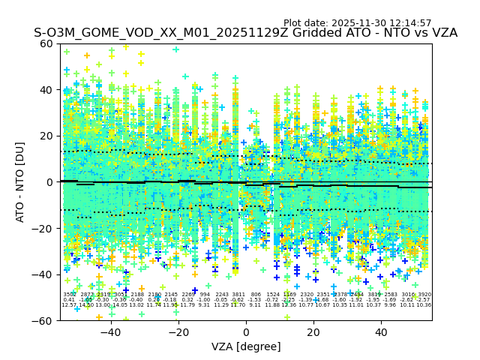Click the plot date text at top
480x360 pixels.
[357, 23]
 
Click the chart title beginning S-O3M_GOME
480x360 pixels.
[245, 34]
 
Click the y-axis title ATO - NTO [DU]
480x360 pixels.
[21, 182]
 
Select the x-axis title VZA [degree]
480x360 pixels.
[246, 346]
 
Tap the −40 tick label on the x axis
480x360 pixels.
[110, 333]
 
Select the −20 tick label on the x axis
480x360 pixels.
[178, 333]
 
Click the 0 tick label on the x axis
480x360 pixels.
[246, 333]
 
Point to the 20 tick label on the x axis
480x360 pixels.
[313, 333]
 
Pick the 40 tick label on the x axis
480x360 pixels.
[381, 333]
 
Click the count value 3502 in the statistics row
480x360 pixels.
[70, 295]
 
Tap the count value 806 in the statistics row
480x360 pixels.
[256, 295]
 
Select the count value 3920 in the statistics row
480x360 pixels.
[424, 295]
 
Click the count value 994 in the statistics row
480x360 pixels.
[205, 295]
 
